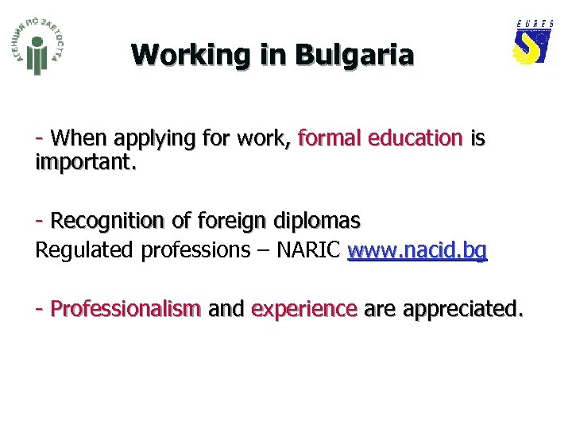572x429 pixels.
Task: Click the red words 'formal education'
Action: point(379,138)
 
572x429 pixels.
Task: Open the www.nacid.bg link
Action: point(417,250)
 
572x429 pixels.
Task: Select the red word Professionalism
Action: point(126,308)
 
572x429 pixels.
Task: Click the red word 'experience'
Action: point(303,309)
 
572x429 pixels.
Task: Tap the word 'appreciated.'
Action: point(463,309)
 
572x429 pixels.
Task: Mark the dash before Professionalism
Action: point(39,307)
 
